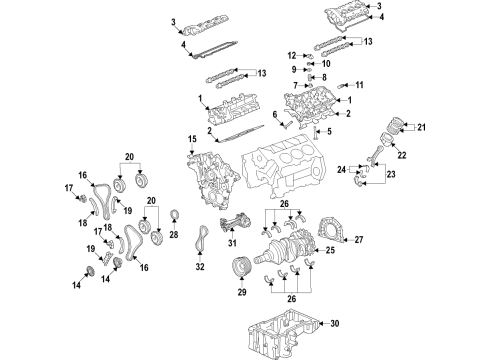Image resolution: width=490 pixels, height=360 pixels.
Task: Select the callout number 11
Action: coord(358,85)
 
